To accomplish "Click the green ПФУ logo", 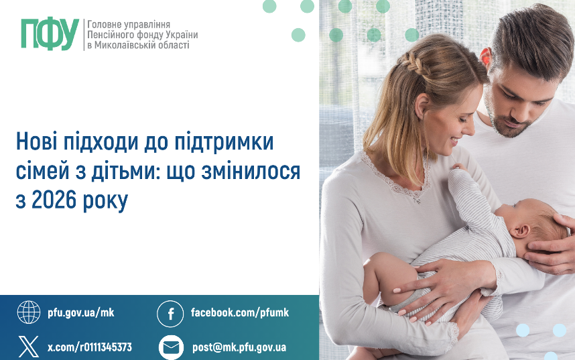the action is point(50,34).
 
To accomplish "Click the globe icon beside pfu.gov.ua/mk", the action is point(29,312).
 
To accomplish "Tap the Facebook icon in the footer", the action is point(170,314).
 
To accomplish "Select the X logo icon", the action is point(29,347).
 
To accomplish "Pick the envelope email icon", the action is point(171,347).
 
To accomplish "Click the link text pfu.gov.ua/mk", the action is point(81,312).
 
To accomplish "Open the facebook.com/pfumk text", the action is point(240,312).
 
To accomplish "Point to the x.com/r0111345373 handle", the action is point(90,347).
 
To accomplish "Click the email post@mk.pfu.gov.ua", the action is point(239,347).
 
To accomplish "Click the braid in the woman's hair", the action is point(414,62).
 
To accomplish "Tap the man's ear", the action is point(487,57).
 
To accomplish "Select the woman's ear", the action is point(422,105).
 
